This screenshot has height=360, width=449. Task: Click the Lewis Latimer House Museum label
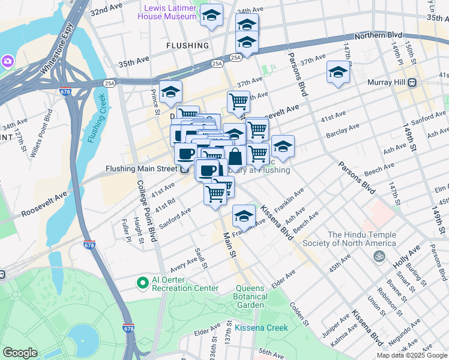pyautogui.click(x=171, y=11)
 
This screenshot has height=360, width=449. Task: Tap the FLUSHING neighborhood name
pyautogui.click(x=188, y=46)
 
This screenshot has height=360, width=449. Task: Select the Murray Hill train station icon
pyautogui.click(x=412, y=82)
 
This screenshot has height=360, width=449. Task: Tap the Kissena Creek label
pyautogui.click(x=261, y=328)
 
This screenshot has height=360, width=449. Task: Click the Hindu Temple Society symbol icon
pyautogui.click(x=378, y=256)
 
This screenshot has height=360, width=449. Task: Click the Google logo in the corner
pyautogui.click(x=20, y=352)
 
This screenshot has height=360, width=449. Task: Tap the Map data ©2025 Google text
pyautogui.click(x=412, y=355)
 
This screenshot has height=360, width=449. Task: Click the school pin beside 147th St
pyautogui.click(x=338, y=73)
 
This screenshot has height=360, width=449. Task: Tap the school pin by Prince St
pyautogui.click(x=171, y=92)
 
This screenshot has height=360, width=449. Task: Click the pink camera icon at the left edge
pyautogui.click(x=7, y=61)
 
